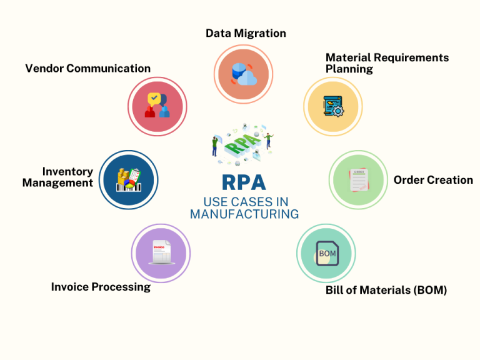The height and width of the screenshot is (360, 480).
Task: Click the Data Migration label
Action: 246,33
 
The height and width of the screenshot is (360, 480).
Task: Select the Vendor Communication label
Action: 87,68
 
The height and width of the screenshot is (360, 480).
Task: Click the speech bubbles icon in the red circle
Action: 157,106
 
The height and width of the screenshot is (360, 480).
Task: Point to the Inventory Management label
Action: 58,177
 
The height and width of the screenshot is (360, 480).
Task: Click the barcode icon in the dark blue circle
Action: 129,180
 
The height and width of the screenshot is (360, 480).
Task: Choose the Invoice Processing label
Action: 101,287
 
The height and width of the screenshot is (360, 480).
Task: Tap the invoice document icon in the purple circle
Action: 160,253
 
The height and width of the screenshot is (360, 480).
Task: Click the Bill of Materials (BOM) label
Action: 386,290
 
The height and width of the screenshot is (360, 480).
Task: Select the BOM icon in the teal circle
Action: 327,253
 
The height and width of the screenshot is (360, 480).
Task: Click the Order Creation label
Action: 433,180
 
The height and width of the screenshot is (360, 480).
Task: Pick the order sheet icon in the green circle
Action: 359,180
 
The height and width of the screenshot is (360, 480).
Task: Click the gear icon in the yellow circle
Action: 337,111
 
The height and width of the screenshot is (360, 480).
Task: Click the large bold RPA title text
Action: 244,182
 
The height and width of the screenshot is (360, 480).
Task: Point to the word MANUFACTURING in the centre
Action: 244,214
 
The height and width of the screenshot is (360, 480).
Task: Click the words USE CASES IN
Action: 244,202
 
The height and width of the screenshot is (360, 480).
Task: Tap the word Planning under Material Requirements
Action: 349,69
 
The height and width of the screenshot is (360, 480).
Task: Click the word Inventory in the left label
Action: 67,171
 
